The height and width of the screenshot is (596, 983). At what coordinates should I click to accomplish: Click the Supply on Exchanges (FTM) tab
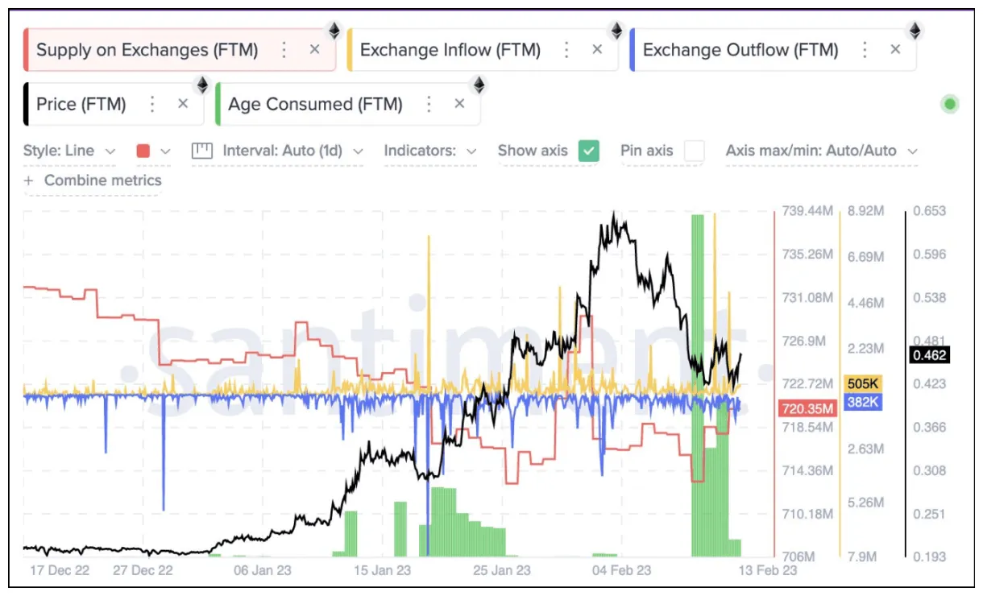tap(147, 50)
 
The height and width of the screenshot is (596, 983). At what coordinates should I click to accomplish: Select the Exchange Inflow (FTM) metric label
tap(450, 50)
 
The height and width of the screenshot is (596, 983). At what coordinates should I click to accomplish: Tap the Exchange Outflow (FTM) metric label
tap(740, 50)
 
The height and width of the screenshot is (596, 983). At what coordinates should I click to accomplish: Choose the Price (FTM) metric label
tap(81, 104)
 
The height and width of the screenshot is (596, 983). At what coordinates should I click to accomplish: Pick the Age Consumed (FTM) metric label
tap(315, 104)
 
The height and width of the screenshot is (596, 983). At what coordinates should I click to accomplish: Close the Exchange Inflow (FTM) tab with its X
tap(597, 50)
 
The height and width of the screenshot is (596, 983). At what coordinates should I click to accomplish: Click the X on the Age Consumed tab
tap(459, 104)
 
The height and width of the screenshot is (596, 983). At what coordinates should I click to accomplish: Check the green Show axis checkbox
tap(590, 151)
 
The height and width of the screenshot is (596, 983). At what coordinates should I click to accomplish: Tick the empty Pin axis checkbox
tap(694, 151)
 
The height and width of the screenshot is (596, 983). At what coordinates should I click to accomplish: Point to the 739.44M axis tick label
tap(807, 211)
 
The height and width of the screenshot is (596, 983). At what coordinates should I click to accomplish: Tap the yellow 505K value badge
tap(862, 383)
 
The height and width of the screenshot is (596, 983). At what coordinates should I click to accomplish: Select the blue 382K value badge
tap(862, 402)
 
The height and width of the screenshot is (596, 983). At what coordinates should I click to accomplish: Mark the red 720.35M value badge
tap(807, 409)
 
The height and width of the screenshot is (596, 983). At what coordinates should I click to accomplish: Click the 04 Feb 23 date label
tap(622, 570)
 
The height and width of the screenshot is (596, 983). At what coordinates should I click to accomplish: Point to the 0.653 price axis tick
tap(930, 211)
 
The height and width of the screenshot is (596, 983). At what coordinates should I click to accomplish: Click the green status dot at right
tap(950, 104)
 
